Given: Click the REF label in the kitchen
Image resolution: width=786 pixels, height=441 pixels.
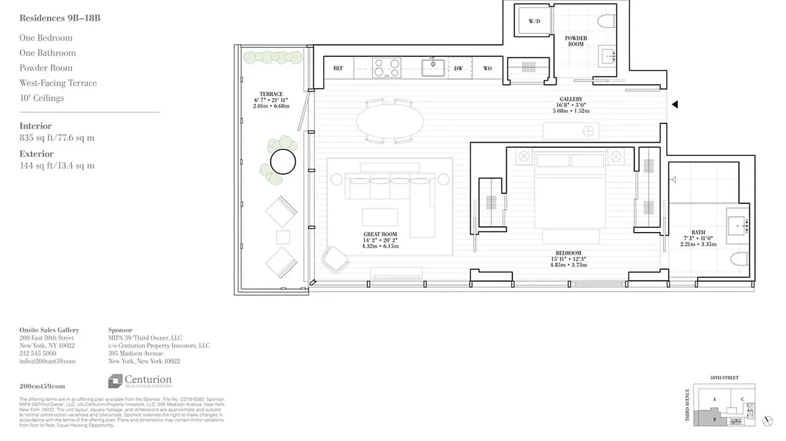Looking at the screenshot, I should (x=338, y=68).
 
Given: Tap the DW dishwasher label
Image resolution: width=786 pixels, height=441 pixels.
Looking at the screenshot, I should (x=458, y=68).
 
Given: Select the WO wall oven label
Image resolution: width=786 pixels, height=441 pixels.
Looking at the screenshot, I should (x=487, y=68).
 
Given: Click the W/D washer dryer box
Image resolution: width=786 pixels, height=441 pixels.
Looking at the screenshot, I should (x=534, y=21).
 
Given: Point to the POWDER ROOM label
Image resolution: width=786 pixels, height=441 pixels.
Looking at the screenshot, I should (x=576, y=41).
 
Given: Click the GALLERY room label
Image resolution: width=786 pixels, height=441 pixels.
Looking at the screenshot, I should (x=571, y=99).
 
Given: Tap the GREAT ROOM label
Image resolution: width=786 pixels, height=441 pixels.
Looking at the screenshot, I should (x=380, y=234).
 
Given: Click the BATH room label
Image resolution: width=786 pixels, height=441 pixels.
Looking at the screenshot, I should (x=698, y=233).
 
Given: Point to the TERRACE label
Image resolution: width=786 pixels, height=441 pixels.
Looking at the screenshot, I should (x=271, y=94).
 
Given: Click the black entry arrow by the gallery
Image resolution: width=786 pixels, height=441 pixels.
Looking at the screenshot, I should (x=674, y=104).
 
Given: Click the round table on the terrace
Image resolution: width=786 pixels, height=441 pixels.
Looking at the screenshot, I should (x=283, y=162).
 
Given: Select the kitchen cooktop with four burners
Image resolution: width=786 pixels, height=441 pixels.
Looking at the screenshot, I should (x=387, y=68).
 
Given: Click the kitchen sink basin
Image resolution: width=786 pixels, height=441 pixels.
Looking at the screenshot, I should (x=433, y=67).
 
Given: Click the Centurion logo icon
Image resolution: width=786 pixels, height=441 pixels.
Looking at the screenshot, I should (x=115, y=381).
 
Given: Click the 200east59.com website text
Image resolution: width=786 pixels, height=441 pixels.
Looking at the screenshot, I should (x=42, y=386).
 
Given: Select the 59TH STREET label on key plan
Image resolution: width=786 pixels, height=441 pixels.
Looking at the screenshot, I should (x=724, y=378).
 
